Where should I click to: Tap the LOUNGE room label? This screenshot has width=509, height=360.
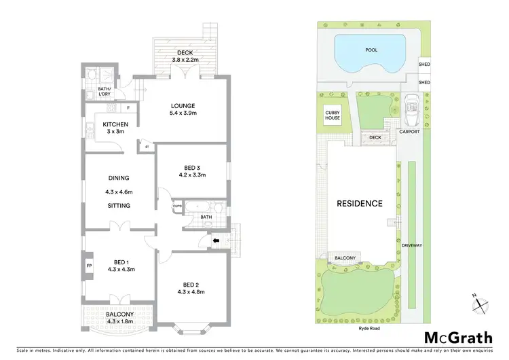(183, 106)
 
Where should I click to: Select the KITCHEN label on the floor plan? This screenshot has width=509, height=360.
(115, 124)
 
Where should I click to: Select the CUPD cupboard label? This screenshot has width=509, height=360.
(176, 206)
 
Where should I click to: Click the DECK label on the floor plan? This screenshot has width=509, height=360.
(185, 52)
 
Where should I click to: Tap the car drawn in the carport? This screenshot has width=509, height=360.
(411, 111)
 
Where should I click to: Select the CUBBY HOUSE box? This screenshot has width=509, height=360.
(332, 115)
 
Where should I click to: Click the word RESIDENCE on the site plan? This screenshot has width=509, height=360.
(360, 203)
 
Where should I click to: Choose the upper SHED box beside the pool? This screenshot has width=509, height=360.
(424, 65)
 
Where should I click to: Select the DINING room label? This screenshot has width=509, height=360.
(118, 179)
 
